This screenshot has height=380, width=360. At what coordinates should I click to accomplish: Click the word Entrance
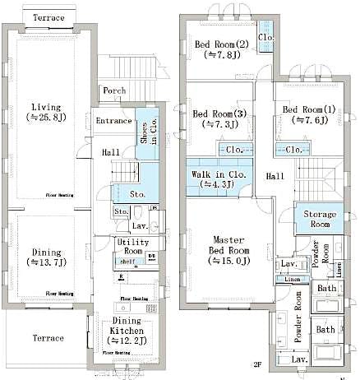[113, 121]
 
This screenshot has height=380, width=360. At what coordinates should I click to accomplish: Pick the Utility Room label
[131, 248]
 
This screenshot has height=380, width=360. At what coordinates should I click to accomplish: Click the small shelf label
[127, 262]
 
